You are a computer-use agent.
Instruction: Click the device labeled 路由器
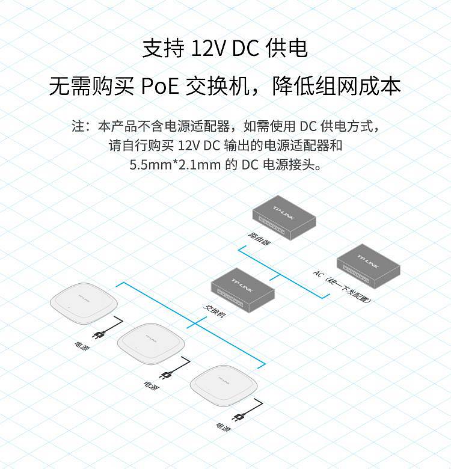point(284,218)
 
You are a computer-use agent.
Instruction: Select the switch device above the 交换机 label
point(243,290)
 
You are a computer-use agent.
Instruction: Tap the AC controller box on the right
point(369,266)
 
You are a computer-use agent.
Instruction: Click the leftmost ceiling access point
point(84,303)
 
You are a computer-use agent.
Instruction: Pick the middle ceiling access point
point(151,343)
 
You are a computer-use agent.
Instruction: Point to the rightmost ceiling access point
point(224,385)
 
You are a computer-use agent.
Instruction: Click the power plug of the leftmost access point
point(99,334)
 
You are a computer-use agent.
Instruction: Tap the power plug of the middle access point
point(166,375)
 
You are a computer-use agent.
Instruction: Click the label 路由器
point(260,239)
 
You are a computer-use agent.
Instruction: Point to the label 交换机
point(215,311)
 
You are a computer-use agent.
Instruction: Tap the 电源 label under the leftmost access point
point(82,346)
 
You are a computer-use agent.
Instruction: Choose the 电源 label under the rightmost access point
point(224,427)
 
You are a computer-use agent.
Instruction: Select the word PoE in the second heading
point(160,87)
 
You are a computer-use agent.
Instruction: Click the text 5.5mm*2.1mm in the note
point(174,165)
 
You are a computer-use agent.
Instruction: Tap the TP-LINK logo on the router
point(283,212)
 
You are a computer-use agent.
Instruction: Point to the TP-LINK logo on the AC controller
point(368,262)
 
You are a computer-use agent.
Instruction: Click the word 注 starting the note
point(78,126)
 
